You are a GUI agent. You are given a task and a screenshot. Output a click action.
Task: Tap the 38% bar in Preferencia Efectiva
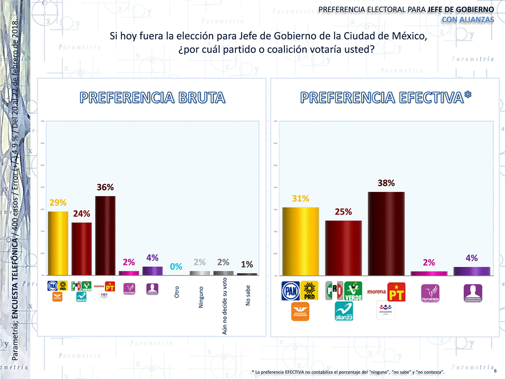point(386,233)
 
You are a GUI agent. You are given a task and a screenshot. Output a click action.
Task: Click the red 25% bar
point(343,248)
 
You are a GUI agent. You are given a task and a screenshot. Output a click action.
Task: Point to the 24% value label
point(81,214)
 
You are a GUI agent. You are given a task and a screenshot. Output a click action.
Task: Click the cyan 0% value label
point(176,267)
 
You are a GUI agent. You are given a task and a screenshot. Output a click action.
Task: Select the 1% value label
point(247,264)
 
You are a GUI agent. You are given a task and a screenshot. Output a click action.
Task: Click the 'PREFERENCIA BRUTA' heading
point(152,98)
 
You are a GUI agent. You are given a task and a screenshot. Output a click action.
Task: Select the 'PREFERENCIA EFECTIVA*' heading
point(386,98)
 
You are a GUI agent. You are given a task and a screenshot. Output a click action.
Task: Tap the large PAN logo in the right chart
point(290,291)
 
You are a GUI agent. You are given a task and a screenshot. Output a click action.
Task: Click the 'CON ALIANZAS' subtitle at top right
point(468,20)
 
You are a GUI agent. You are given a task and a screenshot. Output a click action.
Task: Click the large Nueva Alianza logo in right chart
point(344,311)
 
